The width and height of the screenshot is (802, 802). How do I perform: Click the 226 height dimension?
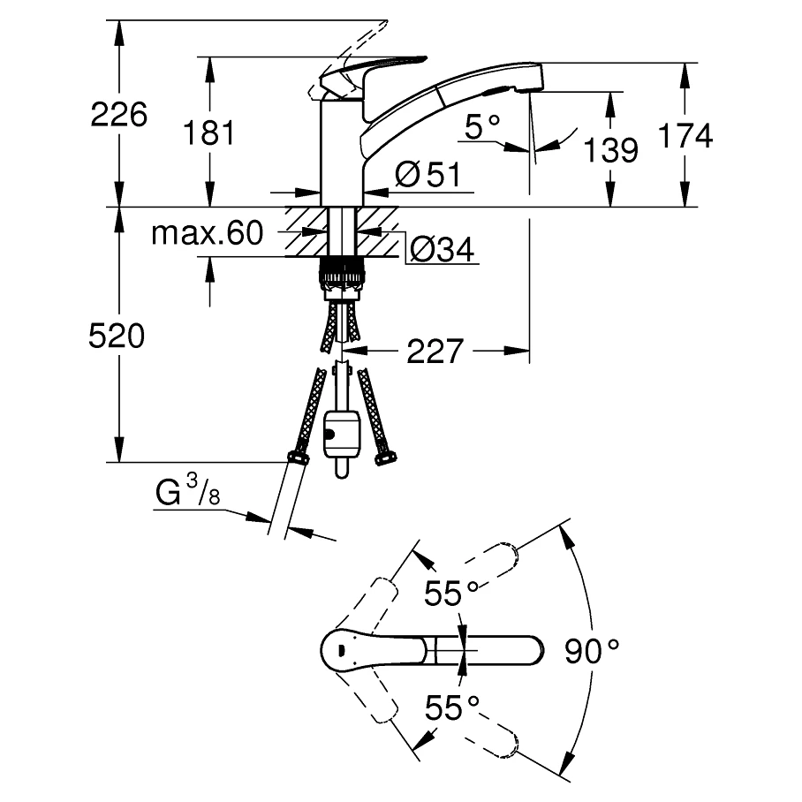point(119,114)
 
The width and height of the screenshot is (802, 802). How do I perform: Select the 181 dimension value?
point(208,133)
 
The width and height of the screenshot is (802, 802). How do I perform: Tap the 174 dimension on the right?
point(685,135)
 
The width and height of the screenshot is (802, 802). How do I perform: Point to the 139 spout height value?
point(610,149)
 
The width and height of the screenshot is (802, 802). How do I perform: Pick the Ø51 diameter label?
point(428,175)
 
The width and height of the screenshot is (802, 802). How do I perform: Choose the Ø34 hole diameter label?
point(441,252)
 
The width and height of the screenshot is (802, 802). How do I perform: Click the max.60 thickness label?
point(207,233)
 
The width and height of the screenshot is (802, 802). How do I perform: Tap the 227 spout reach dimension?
point(435,352)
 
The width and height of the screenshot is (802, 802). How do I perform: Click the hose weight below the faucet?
point(343,434)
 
